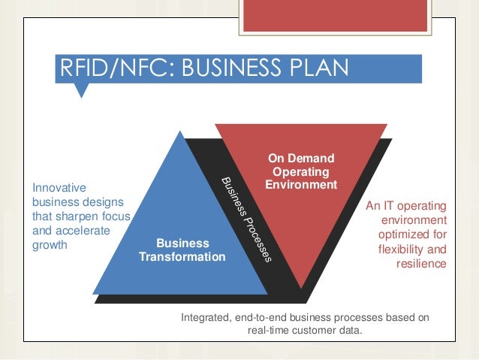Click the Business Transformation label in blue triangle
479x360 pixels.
[182, 250]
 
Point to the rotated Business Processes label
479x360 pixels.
[246, 220]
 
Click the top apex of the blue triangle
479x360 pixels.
[179, 133]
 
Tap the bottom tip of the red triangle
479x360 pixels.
[300, 287]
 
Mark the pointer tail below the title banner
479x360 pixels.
[82, 91]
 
